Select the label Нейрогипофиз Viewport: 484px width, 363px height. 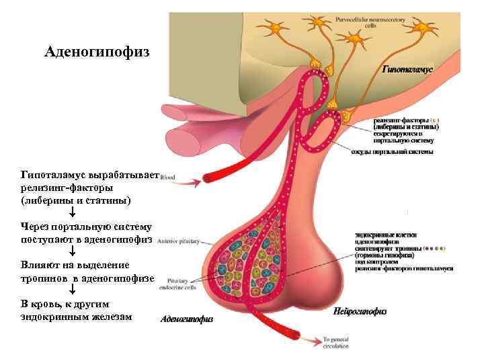pyautogui.click(x=360, y=311)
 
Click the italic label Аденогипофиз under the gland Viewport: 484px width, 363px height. pyautogui.click(x=186, y=320)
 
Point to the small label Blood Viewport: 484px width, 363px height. pyautogui.click(x=167, y=178)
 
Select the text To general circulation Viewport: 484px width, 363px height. pyautogui.click(x=335, y=344)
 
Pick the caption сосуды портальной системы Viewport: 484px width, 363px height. pyautogui.click(x=392, y=152)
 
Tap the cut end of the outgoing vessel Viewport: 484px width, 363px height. pyautogui.click(x=296, y=335)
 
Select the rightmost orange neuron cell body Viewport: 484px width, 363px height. pyautogui.click(x=425, y=28)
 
